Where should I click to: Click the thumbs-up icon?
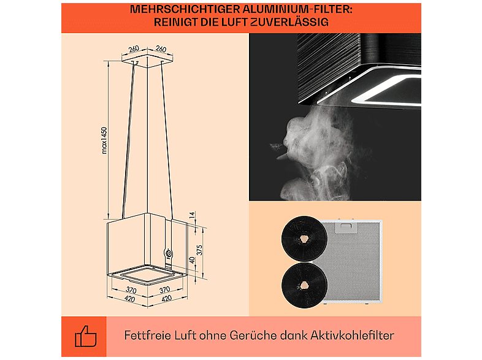(x=86, y=336)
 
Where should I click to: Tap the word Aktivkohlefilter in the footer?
(x=352, y=335)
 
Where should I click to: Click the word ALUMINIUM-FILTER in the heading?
(x=297, y=9)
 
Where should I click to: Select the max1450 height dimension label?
(x=104, y=140)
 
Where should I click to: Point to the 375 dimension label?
(x=199, y=250)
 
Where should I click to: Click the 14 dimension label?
(x=192, y=215)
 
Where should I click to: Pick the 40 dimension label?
(x=192, y=260)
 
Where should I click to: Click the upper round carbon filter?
(x=304, y=239)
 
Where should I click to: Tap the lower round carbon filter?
(x=304, y=285)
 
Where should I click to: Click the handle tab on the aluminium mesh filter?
(x=346, y=226)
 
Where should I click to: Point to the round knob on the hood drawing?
(x=169, y=254)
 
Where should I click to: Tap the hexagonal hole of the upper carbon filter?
(x=304, y=239)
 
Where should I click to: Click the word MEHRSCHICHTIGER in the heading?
(x=185, y=9)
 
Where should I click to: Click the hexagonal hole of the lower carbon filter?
(x=304, y=285)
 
